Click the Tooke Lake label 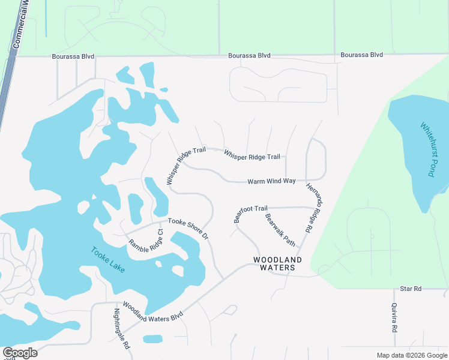pos(108,260)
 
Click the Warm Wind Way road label pos(272,181)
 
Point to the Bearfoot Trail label pos(250,212)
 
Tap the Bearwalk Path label pos(280,230)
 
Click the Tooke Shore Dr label pos(188,229)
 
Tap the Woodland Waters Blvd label pos(152,311)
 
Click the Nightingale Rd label pos(121,329)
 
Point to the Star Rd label pos(411,289)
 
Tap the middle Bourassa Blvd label pos(249,56)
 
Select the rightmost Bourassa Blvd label pos(361,55)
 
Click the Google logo pos(19,353)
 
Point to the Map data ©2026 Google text pos(411,355)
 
